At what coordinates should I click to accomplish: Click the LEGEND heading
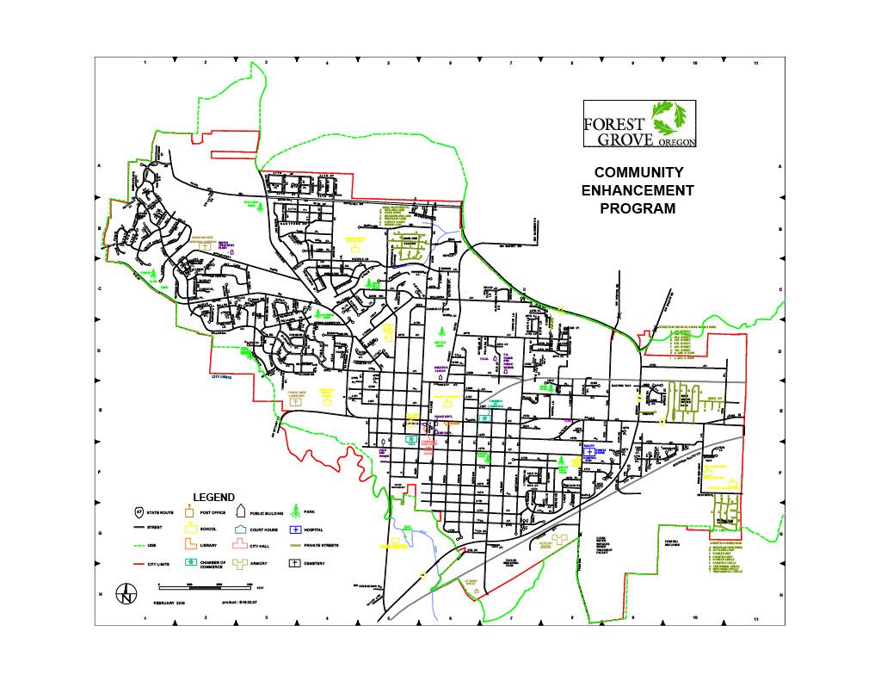(213, 498)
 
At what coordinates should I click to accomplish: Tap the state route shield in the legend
(138, 512)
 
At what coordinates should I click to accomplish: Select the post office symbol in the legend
(189, 511)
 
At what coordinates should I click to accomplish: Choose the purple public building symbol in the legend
(242, 511)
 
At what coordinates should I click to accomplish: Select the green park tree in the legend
(295, 511)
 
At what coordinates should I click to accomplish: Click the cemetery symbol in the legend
(295, 563)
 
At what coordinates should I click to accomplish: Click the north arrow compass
(126, 594)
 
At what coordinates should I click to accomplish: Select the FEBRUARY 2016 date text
(169, 604)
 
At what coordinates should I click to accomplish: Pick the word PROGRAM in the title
(638, 208)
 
